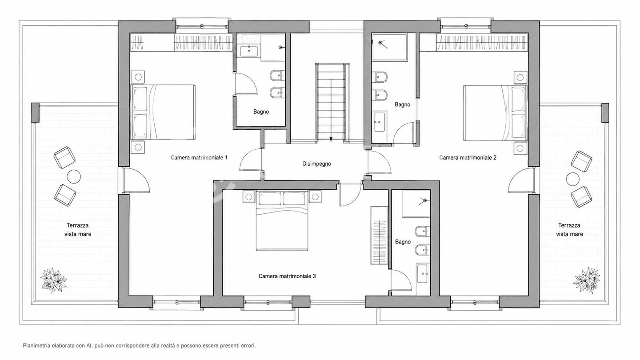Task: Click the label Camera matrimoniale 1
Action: (199, 157)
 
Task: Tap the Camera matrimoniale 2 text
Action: (468, 157)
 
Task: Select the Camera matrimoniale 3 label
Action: (287, 276)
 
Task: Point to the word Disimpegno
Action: (316, 164)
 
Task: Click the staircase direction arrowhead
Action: (331, 139)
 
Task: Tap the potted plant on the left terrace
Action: (53, 280)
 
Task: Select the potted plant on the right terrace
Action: (586, 280)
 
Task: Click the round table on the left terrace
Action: (74, 177)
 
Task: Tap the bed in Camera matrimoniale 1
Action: (163, 112)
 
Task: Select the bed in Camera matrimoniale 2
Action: (495, 113)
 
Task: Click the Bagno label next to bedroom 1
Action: (261, 112)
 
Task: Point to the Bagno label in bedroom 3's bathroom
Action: (403, 242)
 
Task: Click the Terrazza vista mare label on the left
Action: (78, 230)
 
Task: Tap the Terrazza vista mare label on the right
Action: (569, 230)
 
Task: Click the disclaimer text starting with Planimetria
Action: (140, 346)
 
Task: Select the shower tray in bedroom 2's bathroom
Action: (389, 47)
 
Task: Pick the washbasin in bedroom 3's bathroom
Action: (423, 274)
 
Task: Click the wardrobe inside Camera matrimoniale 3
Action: (380, 235)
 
